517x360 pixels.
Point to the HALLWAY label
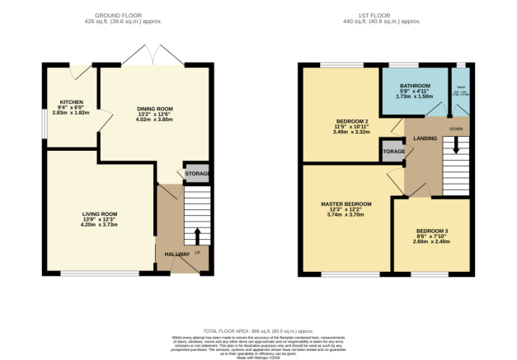coord(176,255)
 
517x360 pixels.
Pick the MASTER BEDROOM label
coord(346,203)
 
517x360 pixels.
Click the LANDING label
coord(425,138)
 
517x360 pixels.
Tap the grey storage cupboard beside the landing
coord(392,151)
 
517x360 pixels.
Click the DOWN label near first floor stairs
coord(455,129)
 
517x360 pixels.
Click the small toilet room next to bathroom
coord(459,91)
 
